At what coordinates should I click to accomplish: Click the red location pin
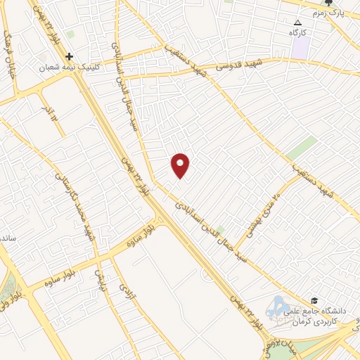181,165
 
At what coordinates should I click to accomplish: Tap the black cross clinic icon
69,56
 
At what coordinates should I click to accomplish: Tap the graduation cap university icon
314,301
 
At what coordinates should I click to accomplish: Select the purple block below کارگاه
301,48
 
